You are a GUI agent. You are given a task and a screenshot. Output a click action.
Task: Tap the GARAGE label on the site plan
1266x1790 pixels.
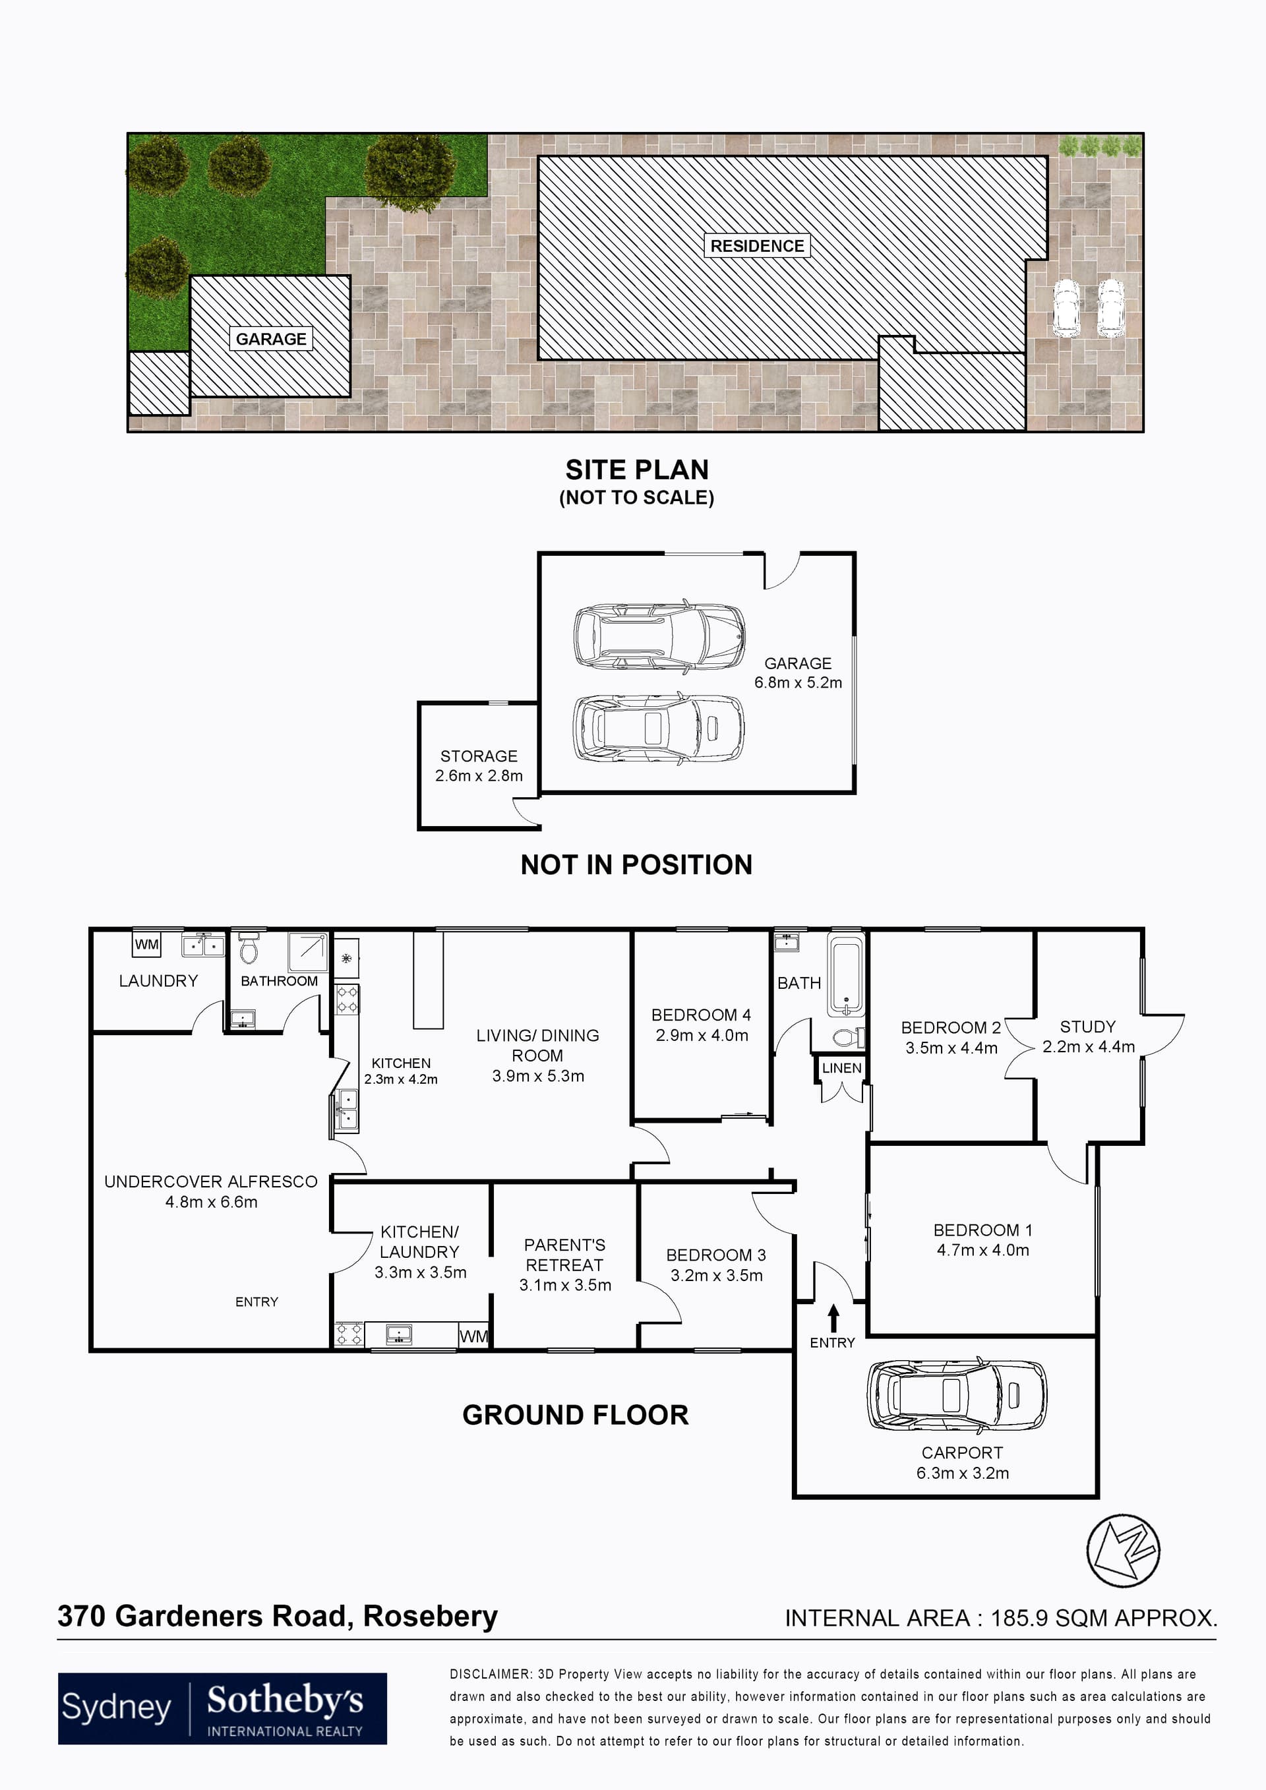click(270, 339)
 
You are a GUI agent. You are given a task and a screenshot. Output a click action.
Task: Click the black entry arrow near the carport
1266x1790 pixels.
click(833, 1319)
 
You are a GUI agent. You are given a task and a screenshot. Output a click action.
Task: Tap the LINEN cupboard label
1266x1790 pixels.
click(841, 1068)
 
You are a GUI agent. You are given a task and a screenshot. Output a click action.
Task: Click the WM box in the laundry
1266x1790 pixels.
click(146, 945)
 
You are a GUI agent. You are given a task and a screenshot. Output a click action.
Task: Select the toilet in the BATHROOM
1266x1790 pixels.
click(249, 949)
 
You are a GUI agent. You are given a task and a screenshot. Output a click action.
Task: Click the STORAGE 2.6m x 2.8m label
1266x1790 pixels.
click(479, 765)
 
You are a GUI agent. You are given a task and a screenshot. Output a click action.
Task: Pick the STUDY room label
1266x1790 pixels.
click(1087, 1027)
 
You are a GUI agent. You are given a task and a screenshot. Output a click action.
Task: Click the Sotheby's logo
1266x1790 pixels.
click(222, 1708)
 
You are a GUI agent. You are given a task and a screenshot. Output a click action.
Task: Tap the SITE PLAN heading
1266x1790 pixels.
click(637, 470)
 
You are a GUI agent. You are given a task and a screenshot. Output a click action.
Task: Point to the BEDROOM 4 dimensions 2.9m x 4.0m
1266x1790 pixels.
click(701, 1035)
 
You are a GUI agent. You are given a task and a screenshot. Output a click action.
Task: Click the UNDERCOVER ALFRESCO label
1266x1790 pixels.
click(210, 1182)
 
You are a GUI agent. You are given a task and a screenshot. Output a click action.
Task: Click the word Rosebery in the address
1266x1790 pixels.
click(431, 1616)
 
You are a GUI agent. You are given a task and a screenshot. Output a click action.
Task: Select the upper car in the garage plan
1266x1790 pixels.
click(659, 636)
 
